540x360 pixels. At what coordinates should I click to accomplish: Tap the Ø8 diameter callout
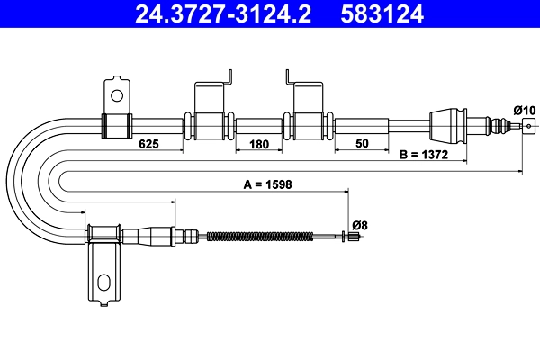360,224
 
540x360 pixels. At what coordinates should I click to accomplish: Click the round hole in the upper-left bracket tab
115,94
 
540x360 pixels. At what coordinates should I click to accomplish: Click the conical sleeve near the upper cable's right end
447,123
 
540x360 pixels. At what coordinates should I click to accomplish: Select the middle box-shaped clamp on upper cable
210,123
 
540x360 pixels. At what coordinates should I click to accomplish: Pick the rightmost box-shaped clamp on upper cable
309,123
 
